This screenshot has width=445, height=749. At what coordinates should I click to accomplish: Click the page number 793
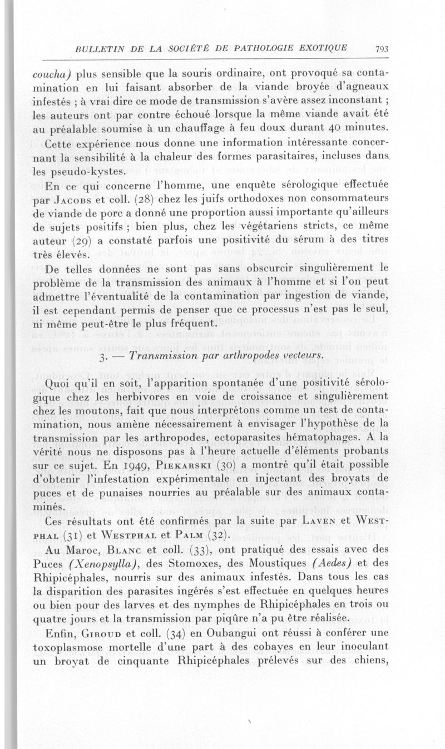(x=382, y=48)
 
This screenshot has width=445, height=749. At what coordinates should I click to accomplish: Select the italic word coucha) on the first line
(x=52, y=74)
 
